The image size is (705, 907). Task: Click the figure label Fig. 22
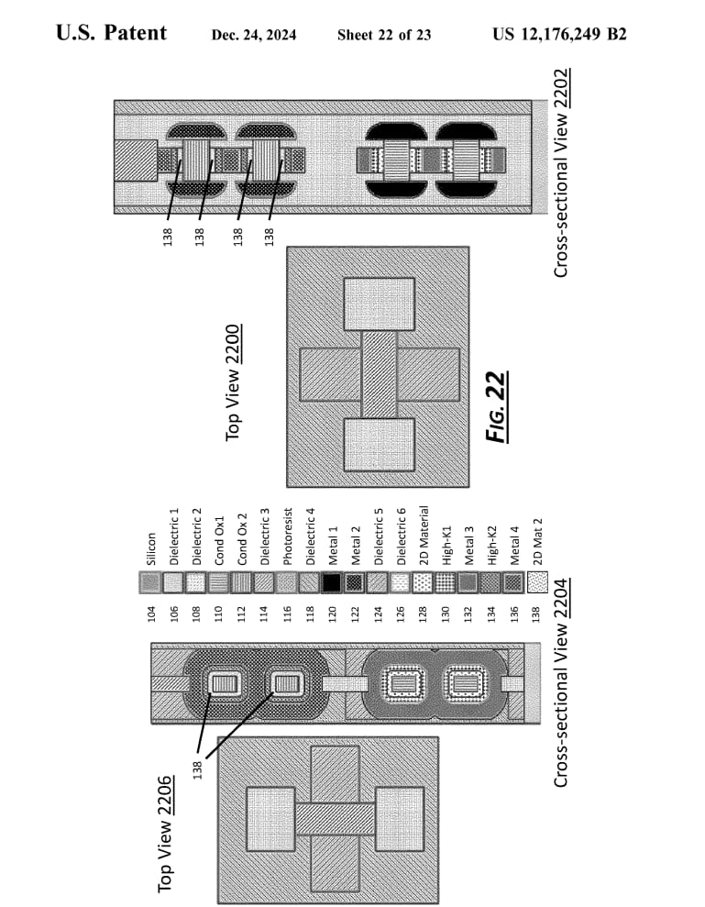click(x=498, y=406)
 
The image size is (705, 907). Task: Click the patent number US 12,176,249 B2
click(x=559, y=34)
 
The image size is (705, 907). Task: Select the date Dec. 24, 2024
click(x=254, y=35)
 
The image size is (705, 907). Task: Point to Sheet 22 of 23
click(x=384, y=35)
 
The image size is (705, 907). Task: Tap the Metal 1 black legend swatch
click(x=331, y=582)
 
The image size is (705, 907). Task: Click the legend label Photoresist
click(x=288, y=536)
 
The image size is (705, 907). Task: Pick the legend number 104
click(x=151, y=614)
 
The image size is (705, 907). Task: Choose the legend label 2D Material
click(x=424, y=535)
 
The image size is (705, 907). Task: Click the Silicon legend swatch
click(x=150, y=582)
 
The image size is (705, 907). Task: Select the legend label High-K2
click(x=492, y=546)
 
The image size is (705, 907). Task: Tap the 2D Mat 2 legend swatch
click(x=537, y=582)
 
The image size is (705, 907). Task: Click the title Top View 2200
click(x=233, y=382)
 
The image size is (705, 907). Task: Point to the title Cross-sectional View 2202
click(x=561, y=173)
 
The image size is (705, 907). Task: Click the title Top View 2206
click(x=165, y=834)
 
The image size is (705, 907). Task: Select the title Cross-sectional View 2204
click(x=561, y=682)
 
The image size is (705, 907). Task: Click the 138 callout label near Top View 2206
click(x=197, y=770)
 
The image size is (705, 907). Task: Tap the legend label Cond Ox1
click(x=219, y=541)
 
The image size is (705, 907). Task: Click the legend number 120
click(x=333, y=614)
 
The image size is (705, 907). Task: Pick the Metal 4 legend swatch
click(x=513, y=582)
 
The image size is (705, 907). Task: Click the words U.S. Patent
click(x=112, y=33)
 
